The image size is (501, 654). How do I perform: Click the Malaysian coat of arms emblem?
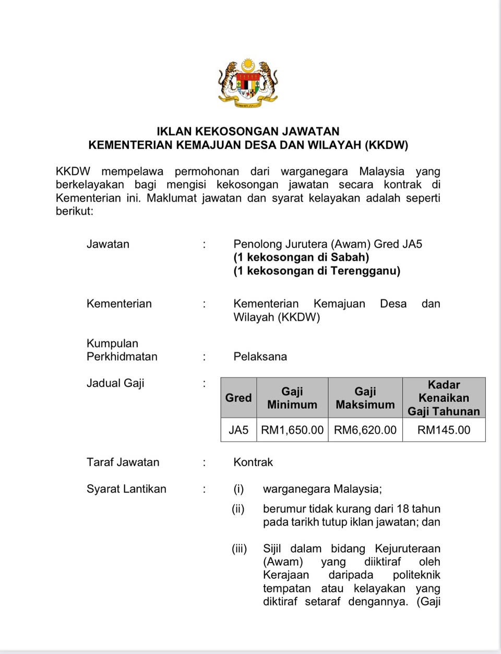[x=248, y=84]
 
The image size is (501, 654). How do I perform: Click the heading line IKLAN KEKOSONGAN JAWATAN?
[x=248, y=131]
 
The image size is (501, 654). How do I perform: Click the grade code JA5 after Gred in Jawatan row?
[x=412, y=244]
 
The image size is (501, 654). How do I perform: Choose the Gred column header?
[x=238, y=398]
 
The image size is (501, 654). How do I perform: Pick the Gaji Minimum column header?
[x=292, y=398]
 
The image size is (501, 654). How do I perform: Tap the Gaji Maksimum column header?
[x=365, y=398]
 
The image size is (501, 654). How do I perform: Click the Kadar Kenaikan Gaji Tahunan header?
[x=444, y=398]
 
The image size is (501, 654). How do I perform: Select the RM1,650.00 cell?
[x=292, y=430]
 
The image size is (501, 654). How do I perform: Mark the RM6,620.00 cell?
[x=365, y=430]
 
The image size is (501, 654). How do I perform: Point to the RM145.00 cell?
[x=444, y=430]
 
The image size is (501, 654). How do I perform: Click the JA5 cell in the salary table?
[x=238, y=430]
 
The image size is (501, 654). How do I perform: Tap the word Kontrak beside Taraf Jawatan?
[x=253, y=462]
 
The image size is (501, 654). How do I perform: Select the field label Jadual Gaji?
[x=115, y=383]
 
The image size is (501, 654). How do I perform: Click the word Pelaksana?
[x=260, y=357]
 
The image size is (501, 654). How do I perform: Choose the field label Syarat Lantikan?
[x=126, y=489]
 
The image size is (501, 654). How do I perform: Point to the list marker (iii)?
[x=240, y=548]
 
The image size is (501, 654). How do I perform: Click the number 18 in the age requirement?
[x=402, y=509]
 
